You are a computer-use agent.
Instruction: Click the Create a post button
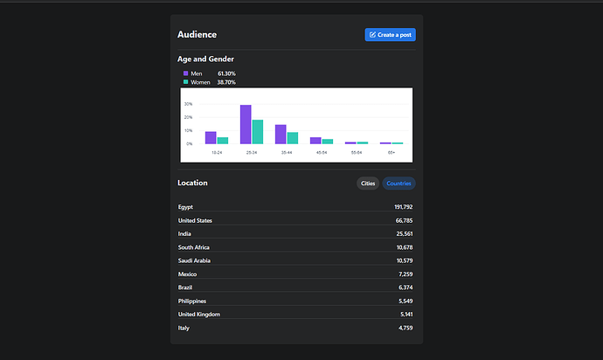390,35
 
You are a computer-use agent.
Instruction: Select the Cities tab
368,183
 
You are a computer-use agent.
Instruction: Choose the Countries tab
399,183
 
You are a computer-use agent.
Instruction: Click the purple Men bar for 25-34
246,124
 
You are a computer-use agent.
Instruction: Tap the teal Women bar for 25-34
258,132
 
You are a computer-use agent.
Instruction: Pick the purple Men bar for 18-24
211,138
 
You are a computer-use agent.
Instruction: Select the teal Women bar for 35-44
293,138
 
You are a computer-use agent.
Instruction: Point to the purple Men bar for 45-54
315,141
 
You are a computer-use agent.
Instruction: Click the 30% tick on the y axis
189,104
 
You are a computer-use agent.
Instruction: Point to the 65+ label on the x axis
392,153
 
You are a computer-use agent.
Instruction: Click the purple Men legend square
186,73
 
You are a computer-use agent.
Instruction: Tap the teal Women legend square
186,82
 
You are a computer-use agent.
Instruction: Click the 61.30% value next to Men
226,73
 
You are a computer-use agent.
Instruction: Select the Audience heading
197,35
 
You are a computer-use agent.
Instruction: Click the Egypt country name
185,207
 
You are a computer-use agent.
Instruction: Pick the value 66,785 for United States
404,220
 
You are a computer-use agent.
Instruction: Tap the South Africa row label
194,247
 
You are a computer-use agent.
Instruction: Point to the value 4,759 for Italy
405,328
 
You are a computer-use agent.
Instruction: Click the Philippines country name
192,301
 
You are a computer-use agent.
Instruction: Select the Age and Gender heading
205,59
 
